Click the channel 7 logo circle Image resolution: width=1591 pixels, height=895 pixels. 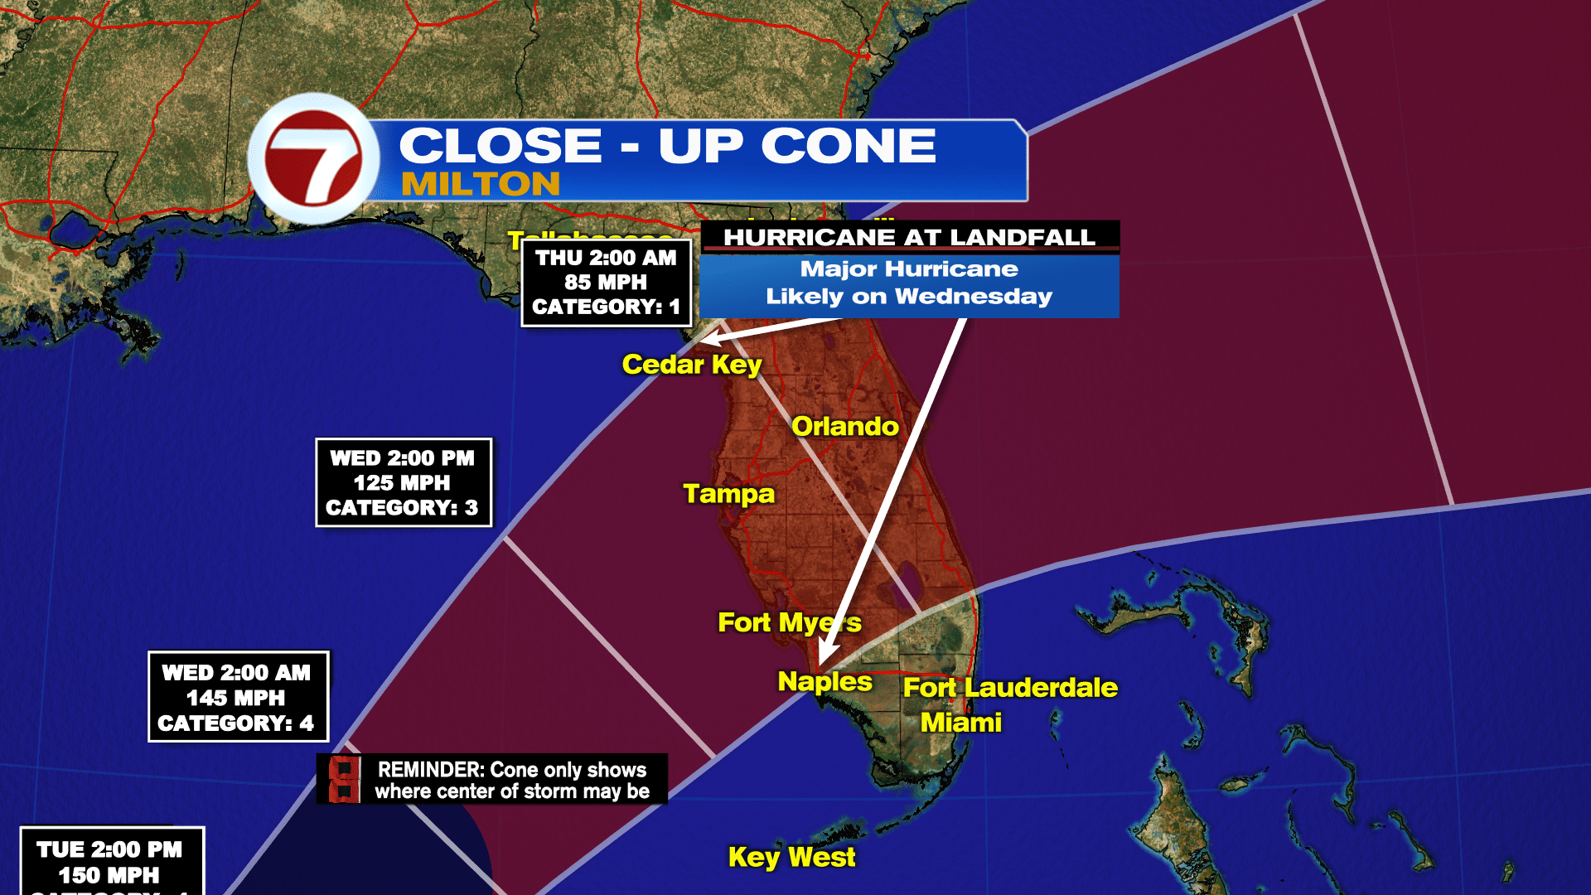314,158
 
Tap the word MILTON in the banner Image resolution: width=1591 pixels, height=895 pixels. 481,184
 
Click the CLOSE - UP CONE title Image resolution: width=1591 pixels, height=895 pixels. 667,146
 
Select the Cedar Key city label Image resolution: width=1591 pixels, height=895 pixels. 692,365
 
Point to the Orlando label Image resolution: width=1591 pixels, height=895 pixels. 844,427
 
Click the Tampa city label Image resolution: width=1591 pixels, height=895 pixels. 728,494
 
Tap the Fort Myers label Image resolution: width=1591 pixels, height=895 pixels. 789,622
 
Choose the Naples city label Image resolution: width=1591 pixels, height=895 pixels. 825,682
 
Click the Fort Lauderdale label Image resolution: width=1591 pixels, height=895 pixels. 1010,688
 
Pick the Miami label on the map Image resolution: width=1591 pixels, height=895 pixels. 961,723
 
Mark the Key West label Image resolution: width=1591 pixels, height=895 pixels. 791,857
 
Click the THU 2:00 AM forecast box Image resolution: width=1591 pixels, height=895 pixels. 606,283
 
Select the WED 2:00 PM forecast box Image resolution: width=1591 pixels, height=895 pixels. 403,482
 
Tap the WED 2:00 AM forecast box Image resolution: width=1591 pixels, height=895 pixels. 238,697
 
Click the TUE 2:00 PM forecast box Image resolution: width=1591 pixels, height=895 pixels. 111,862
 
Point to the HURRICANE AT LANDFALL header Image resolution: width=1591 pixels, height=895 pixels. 909,237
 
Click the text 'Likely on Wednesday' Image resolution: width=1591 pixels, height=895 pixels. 909,297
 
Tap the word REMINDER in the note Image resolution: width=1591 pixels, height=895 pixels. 430,770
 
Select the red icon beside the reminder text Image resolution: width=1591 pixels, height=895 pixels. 344,779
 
